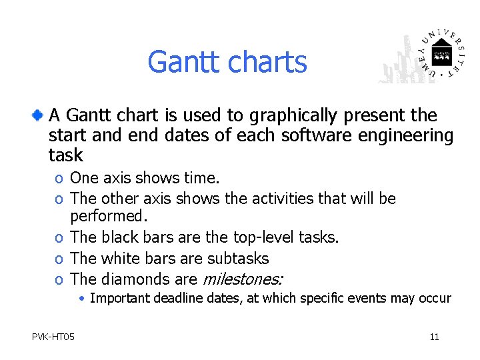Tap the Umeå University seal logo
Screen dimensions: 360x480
[x=441, y=53]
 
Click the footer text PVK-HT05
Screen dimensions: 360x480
[x=53, y=337]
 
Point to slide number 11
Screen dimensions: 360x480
[x=434, y=337]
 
